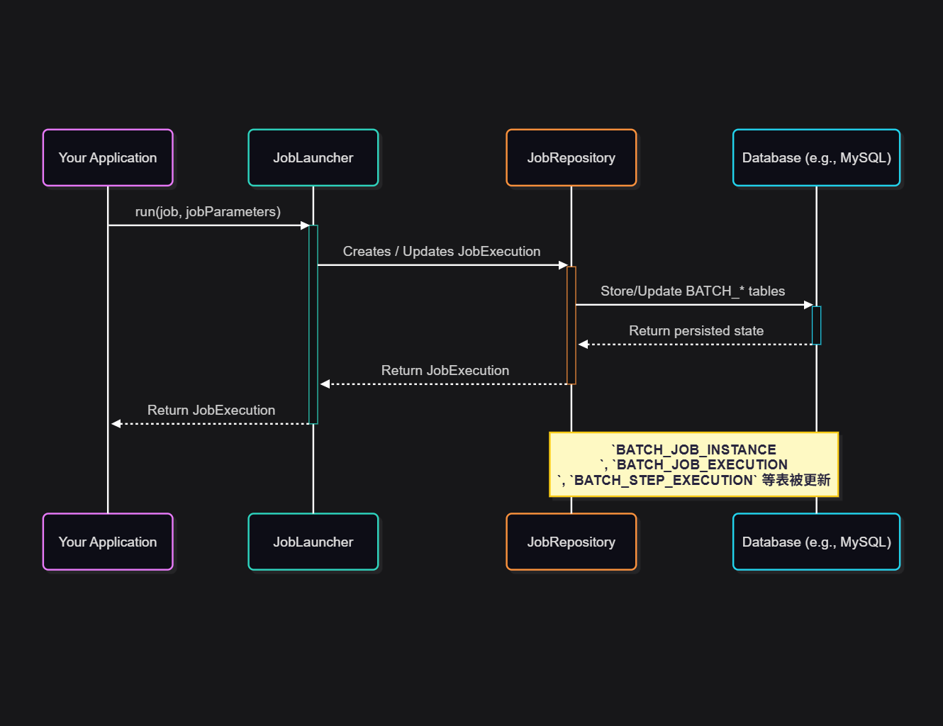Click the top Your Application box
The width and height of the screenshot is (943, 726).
108,157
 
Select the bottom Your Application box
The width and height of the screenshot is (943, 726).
108,542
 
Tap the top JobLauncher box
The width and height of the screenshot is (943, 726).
313,157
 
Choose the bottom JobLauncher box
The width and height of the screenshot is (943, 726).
313,542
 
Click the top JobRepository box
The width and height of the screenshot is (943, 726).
571,157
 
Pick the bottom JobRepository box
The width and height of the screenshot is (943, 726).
571,542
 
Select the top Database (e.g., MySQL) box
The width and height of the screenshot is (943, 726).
816,157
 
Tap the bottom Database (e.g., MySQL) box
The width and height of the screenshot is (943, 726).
816,542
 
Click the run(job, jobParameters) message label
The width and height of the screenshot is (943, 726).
208,212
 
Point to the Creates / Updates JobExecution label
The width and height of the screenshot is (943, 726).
441,252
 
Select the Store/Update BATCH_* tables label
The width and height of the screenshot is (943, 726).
693,291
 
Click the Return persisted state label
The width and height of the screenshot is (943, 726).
696,331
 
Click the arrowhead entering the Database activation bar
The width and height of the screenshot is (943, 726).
808,305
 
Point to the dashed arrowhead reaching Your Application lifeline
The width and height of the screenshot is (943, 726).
116,424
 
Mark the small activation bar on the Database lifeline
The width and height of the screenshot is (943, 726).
816,325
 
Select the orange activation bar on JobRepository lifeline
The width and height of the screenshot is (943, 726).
571,325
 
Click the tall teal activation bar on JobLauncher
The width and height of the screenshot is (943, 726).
313,324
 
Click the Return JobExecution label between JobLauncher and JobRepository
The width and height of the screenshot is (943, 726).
445,371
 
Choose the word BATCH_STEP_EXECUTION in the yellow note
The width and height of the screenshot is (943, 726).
664,481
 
